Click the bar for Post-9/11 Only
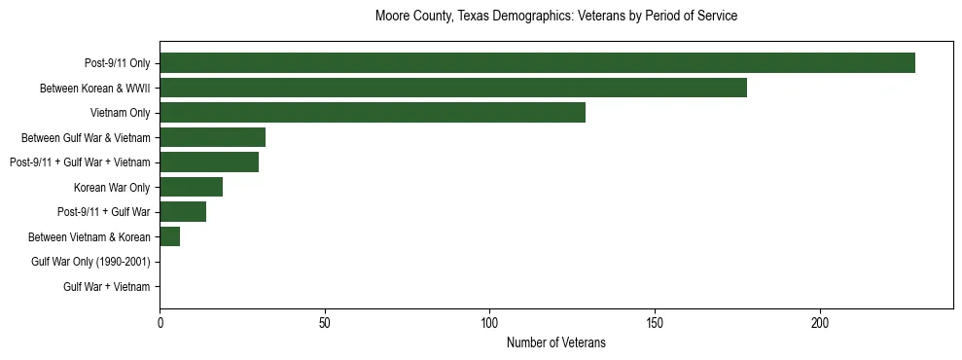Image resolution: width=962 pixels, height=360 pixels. pyautogui.click(x=537, y=63)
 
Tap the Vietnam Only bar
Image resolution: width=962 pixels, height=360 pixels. pyautogui.click(x=373, y=113)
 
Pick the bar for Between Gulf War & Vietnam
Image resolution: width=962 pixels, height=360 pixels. pyautogui.click(x=212, y=137)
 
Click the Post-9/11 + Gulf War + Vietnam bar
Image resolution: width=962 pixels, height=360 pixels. pyautogui.click(x=209, y=162)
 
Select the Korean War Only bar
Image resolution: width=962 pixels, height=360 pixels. pyautogui.click(x=191, y=187)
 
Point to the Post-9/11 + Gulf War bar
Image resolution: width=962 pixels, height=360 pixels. pyautogui.click(x=183, y=212)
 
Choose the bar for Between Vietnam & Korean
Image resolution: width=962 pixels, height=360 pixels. pyautogui.click(x=169, y=236)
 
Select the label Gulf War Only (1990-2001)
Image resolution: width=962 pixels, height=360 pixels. pyautogui.click(x=90, y=262)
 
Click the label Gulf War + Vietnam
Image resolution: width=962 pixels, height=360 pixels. pyautogui.click(x=107, y=287)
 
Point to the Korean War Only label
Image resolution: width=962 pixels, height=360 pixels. pyautogui.click(x=112, y=187)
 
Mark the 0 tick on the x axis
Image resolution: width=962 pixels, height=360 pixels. pyautogui.click(x=160, y=322)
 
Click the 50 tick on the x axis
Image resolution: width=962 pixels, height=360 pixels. pyautogui.click(x=325, y=322)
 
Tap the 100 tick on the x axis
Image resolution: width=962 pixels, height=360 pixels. pyautogui.click(x=489, y=322)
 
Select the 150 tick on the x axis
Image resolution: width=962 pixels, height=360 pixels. pyautogui.click(x=655, y=322)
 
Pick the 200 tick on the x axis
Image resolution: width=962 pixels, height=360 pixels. pyautogui.click(x=820, y=322)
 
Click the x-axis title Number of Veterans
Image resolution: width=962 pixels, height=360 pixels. pyautogui.click(x=555, y=342)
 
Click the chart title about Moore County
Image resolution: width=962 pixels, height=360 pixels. pyautogui.click(x=555, y=17)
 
